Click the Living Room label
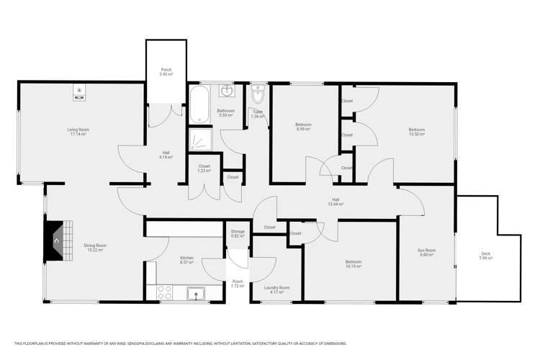[x=78, y=132]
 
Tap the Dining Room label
[x=95, y=248]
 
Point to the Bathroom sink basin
[x=227, y=91]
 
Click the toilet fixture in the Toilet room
[x=258, y=96]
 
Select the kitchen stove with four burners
[x=165, y=292]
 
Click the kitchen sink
[x=195, y=292]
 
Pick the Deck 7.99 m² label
[x=487, y=256]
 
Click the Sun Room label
[x=427, y=253]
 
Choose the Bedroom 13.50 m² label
[x=417, y=132]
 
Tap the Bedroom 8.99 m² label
[x=303, y=127]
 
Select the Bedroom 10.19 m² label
[x=353, y=264]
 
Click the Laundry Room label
[x=276, y=289]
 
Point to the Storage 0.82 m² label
[x=238, y=234]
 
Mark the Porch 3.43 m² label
[x=166, y=72]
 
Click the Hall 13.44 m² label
[x=336, y=202]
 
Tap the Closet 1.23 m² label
[x=204, y=168]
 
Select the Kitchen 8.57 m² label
[x=186, y=260]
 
